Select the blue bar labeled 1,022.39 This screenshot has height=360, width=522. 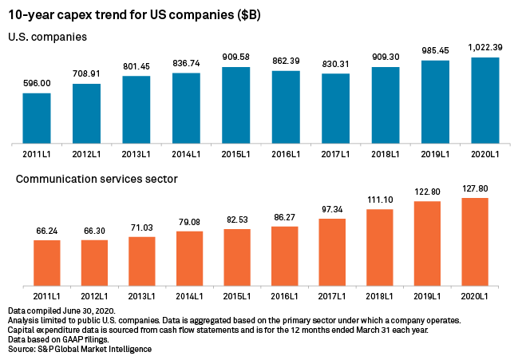point(484,101)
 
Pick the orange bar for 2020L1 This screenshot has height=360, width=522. point(475,242)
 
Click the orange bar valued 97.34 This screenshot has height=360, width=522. point(332,252)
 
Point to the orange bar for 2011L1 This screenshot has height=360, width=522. point(47,263)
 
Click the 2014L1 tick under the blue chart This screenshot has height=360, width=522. point(186,153)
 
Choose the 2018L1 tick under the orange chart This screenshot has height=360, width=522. point(380,295)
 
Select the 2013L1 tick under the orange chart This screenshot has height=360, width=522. point(142,295)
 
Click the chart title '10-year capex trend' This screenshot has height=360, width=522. point(134,15)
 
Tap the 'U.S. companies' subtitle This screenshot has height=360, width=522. point(47,37)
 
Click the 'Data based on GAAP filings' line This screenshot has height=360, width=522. point(57,339)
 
